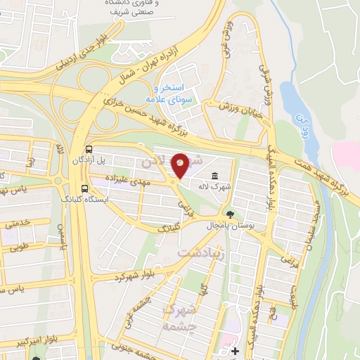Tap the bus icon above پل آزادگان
pyautogui.click(x=89, y=149)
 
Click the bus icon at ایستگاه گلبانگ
pyautogui.click(x=84, y=188)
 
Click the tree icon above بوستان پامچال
pyautogui.click(x=230, y=213)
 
